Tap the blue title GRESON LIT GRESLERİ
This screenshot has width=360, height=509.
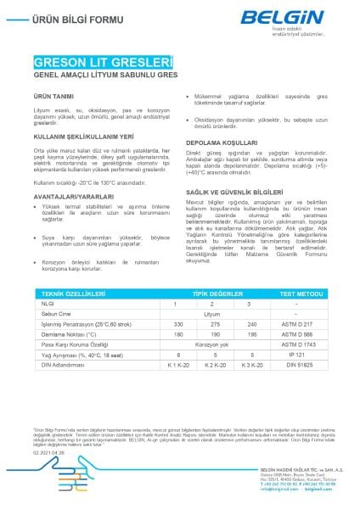(102, 63)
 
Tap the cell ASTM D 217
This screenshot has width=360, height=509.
(295, 324)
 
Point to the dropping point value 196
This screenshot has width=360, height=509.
(228, 334)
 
